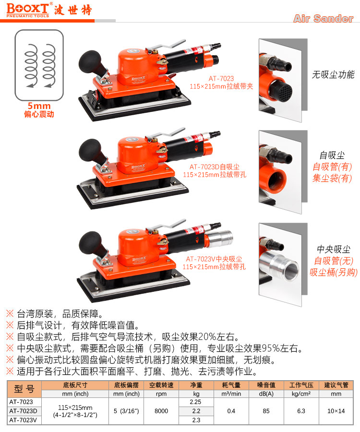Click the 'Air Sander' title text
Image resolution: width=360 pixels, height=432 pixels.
323,18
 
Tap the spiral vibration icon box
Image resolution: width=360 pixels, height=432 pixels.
39,65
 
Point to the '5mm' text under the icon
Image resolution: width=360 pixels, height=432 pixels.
39,106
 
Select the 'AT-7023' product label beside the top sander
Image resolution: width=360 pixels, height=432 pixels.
221,79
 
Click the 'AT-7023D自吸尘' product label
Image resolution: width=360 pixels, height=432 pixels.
214,167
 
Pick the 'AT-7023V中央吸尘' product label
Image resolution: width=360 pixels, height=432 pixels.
214,259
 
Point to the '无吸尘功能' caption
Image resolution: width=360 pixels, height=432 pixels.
333,74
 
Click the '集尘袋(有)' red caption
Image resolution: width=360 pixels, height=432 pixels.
332,178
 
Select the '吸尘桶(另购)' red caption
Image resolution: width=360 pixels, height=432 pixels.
333,272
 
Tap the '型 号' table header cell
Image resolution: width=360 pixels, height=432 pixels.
24,389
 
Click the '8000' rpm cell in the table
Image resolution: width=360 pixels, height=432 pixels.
161,411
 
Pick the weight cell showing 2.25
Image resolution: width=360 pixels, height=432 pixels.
195,402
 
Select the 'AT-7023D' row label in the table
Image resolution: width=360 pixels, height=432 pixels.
23,411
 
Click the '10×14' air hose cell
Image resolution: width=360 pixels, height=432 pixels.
336,411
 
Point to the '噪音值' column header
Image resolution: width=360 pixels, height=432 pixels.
266,385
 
